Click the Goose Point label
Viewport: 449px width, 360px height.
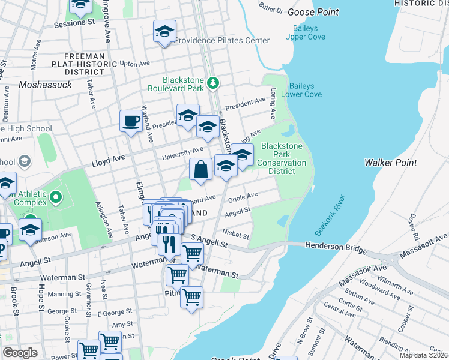click(x=313, y=12)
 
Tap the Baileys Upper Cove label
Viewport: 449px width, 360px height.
click(x=310, y=32)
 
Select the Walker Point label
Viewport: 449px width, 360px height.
click(x=390, y=163)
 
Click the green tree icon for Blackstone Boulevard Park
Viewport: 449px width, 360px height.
click(x=213, y=83)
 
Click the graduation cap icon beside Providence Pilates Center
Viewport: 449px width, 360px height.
click(x=164, y=32)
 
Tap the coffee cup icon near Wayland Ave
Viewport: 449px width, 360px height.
click(x=131, y=121)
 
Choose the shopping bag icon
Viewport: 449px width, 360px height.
click(x=201, y=169)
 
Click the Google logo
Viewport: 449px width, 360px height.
click(x=20, y=352)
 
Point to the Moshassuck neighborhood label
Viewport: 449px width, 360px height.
click(x=46, y=85)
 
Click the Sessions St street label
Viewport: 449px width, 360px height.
click(x=74, y=25)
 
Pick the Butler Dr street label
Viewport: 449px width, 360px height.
click(x=271, y=9)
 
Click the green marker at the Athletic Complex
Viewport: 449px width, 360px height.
click(x=56, y=197)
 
